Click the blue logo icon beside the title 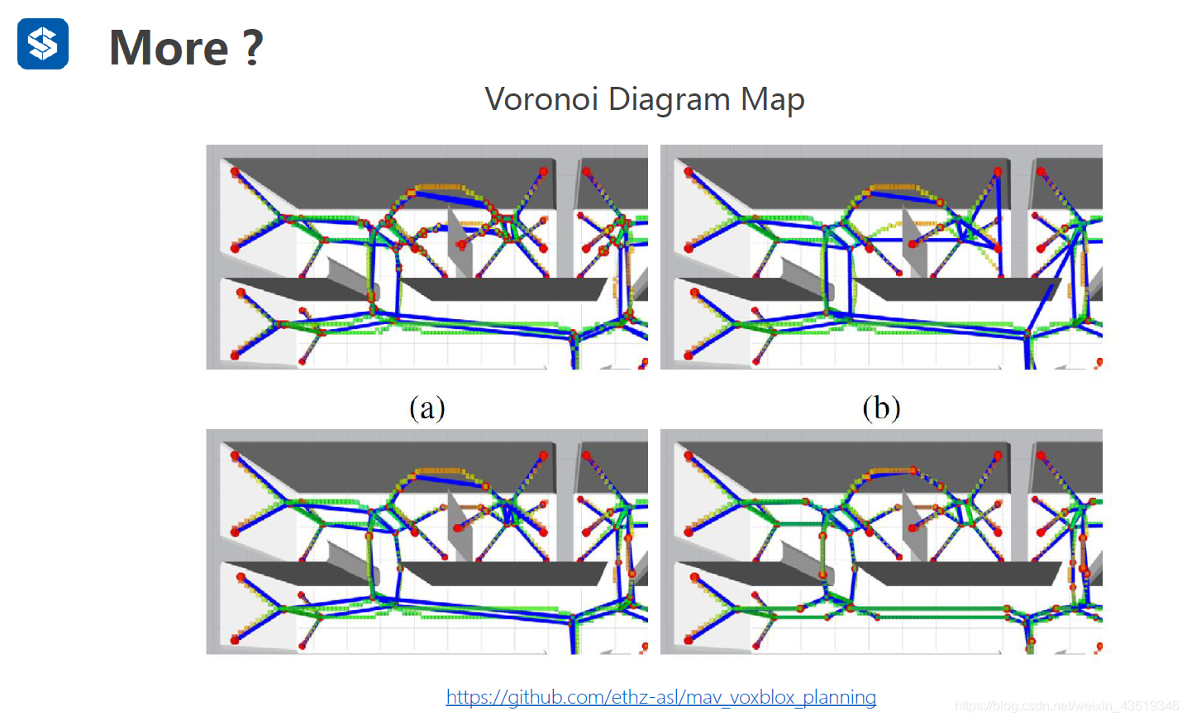click(43, 44)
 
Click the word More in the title click(169, 48)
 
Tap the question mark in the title click(253, 48)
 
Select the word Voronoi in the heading click(541, 99)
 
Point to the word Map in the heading click(772, 99)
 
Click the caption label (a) click(427, 408)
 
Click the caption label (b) click(881, 408)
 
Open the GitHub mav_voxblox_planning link click(660, 697)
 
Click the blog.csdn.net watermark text click(1066, 706)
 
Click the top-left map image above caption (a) click(427, 257)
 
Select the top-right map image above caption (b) click(881, 257)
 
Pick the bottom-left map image click(427, 542)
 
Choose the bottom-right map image click(881, 542)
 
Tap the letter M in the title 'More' click(130, 48)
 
